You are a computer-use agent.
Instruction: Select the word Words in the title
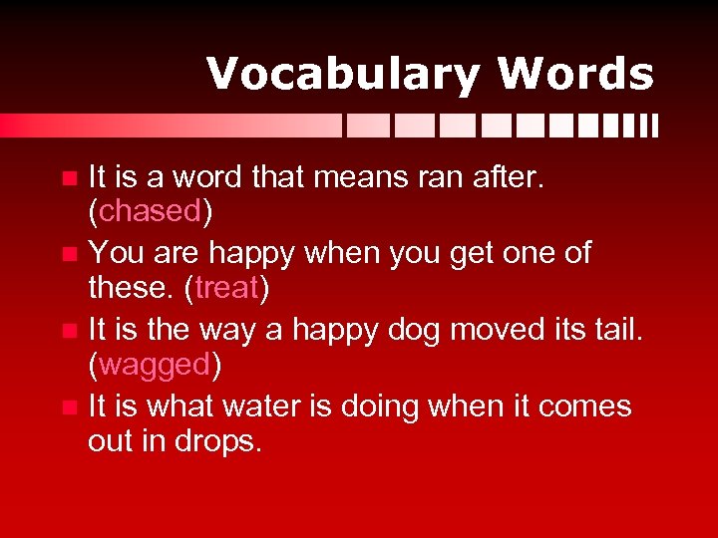tap(575, 75)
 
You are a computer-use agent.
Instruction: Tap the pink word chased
tap(151, 211)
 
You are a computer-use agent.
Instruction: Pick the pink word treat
tap(228, 289)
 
